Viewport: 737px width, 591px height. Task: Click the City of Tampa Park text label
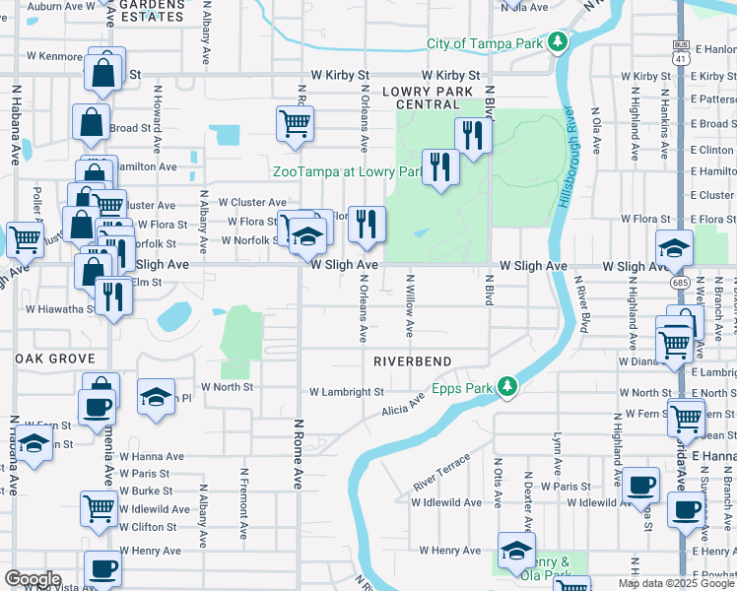[485, 43]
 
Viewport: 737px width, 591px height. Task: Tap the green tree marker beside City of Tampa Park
[559, 42]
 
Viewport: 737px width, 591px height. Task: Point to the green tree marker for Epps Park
[507, 385]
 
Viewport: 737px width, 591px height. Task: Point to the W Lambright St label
[346, 392]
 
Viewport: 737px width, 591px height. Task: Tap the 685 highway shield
[680, 282]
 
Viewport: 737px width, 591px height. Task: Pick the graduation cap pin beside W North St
[156, 396]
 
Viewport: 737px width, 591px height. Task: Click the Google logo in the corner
[33, 579]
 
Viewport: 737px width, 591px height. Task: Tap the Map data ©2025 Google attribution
[675, 583]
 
